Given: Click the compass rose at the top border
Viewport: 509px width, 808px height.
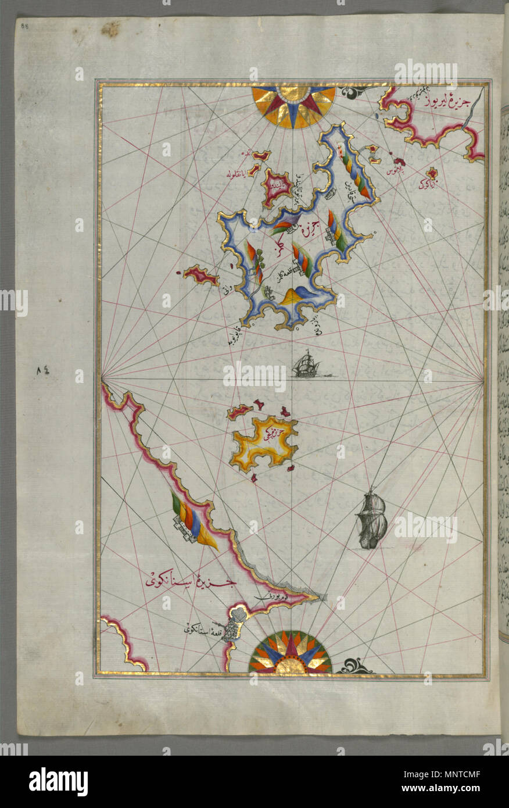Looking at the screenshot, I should pos(293,105).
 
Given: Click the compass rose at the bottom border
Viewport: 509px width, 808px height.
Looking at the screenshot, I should pos(290,654).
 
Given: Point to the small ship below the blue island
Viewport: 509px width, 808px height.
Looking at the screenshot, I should pos(307,364).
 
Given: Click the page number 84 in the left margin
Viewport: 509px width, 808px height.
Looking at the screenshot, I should pos(43,370).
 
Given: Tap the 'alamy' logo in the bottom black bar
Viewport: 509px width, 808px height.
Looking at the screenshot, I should pos(58,781).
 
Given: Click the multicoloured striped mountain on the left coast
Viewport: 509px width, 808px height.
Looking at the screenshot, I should pos(195,520).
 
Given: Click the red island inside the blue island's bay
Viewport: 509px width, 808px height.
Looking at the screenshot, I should pos(277,187).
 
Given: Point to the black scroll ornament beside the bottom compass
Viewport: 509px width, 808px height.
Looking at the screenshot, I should pos(355,666).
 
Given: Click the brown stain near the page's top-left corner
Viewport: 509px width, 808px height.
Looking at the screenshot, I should pos(110,29).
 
